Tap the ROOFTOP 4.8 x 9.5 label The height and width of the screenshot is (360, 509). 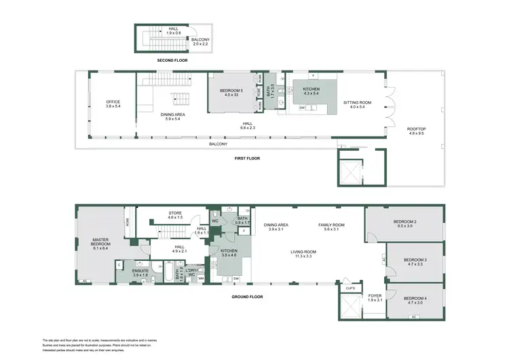416,131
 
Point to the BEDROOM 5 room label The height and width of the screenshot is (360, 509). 231,92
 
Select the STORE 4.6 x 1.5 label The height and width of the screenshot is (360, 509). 175,215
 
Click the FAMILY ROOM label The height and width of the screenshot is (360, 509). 335,227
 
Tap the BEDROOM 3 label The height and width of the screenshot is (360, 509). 415,262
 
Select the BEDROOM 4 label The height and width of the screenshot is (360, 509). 415,301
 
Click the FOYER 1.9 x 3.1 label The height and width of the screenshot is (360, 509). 375,298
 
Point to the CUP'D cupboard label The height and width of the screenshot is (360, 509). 350,288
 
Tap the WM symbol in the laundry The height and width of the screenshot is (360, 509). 201,278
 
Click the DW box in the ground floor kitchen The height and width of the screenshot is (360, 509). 235,278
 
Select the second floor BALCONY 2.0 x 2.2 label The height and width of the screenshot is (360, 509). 200,42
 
